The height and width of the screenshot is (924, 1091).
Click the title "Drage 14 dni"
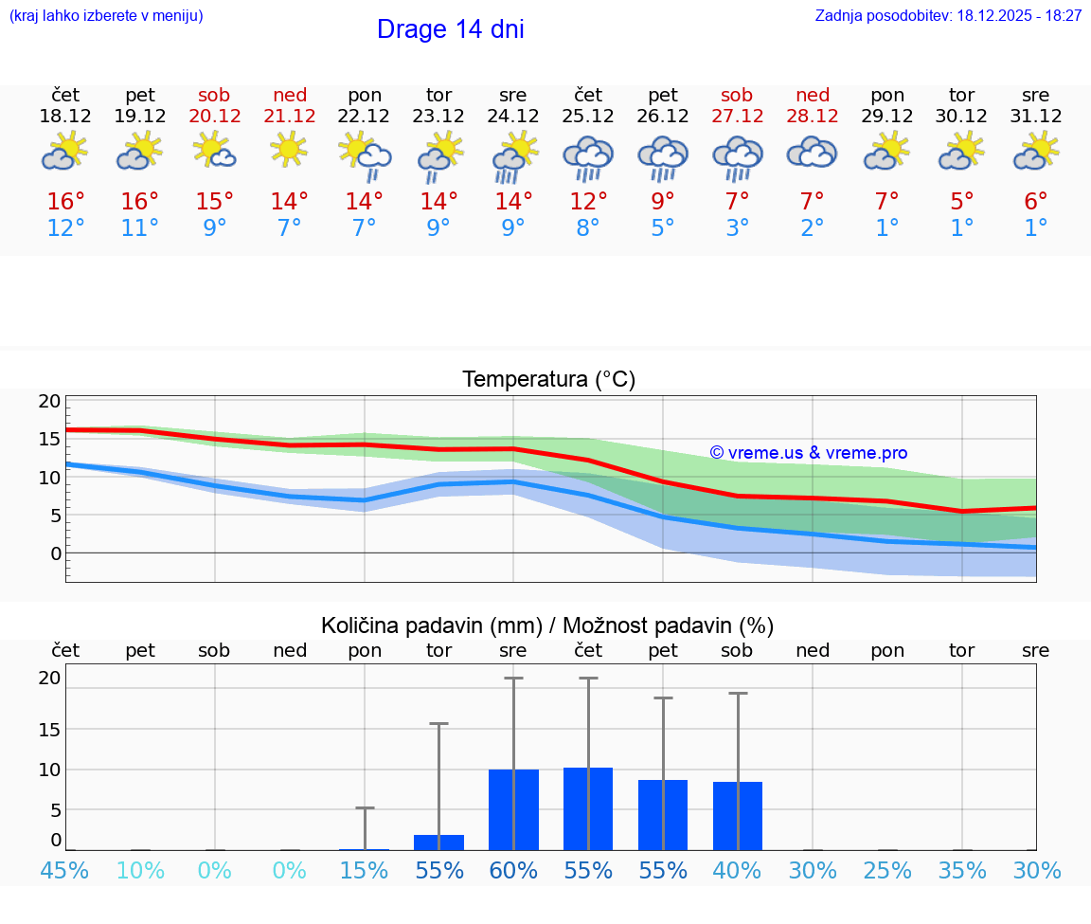pyautogui.click(x=450, y=29)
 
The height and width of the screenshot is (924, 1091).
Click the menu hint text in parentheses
pyautogui.click(x=106, y=15)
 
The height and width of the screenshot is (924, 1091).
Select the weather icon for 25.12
pyautogui.click(x=588, y=157)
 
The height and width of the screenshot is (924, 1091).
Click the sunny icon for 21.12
pyautogui.click(x=289, y=149)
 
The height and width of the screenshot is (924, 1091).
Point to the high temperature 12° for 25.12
pyautogui.click(x=588, y=201)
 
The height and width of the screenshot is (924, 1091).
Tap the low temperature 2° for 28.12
pyautogui.click(x=812, y=228)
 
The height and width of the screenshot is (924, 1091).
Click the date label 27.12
pyautogui.click(x=737, y=116)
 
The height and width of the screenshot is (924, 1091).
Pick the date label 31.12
pyautogui.click(x=1036, y=116)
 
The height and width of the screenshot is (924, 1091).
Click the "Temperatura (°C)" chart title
pyautogui.click(x=548, y=380)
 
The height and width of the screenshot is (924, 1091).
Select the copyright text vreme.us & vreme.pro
pyautogui.click(x=809, y=453)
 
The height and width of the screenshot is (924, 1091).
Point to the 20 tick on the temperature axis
pyautogui.click(x=49, y=401)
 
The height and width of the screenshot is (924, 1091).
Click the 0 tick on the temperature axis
pyautogui.click(x=56, y=553)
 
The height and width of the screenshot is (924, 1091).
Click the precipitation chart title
pyautogui.click(x=547, y=625)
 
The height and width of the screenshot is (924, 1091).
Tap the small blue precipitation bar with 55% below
pyautogui.click(x=438, y=842)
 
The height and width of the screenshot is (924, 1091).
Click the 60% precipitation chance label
pyautogui.click(x=513, y=871)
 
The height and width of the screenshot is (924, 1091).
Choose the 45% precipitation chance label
pyautogui.click(x=64, y=871)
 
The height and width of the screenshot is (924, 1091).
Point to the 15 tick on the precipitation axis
pyautogui.click(x=49, y=729)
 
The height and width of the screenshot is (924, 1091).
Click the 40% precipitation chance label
pyautogui.click(x=737, y=871)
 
